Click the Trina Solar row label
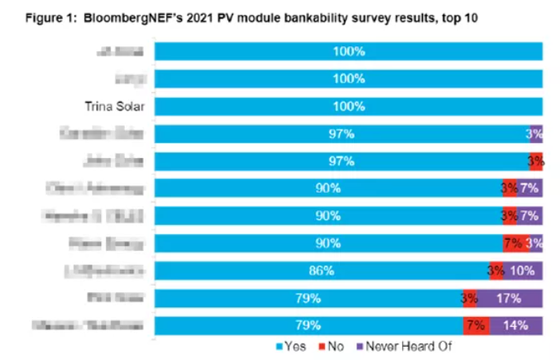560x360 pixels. [x=112, y=107]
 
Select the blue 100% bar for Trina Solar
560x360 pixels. [x=348, y=107]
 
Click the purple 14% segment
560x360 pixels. [x=515, y=325]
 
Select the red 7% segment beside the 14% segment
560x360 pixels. [x=476, y=325]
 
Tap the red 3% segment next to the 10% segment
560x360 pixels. [x=496, y=270]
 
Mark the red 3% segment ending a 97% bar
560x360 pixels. [x=536, y=161]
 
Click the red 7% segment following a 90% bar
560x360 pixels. [x=512, y=242]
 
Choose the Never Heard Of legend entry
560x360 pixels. [x=393, y=347]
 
